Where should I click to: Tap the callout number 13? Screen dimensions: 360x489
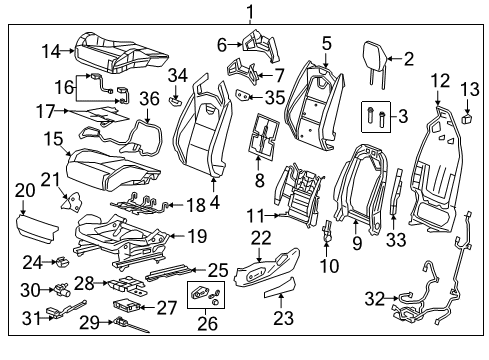tap(469, 93)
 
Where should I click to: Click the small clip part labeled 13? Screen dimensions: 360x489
tap(467, 117)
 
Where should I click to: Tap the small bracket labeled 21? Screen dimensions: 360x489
tap(71, 201)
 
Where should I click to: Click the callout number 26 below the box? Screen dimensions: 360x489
tap(206, 323)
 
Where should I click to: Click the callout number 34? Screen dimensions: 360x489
tap(177, 75)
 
